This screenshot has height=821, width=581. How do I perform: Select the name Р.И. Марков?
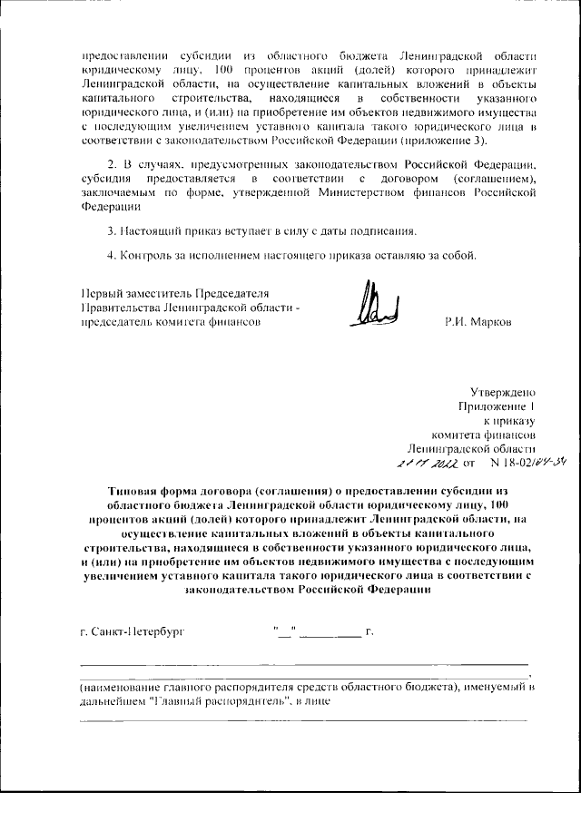pos(478,323)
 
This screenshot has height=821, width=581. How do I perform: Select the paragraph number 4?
pos(111,253)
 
